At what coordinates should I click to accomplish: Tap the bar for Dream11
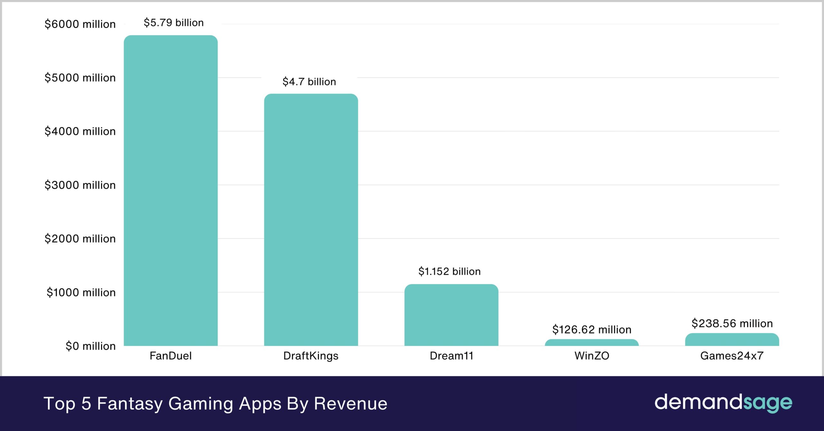click(x=451, y=315)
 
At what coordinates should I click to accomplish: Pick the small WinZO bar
click(x=592, y=343)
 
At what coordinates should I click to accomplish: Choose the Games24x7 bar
click(x=732, y=340)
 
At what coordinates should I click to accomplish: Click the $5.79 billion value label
click(x=173, y=23)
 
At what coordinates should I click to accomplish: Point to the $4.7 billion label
click(x=309, y=82)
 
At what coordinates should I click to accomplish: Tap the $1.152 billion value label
click(x=449, y=271)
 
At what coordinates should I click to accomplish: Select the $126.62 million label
click(x=592, y=330)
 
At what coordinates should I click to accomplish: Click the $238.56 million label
click(x=732, y=323)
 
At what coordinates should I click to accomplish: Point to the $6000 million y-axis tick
click(x=80, y=24)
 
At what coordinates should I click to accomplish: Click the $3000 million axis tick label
click(x=80, y=185)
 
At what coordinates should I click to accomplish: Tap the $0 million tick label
click(x=90, y=346)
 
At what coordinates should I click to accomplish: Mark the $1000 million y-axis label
click(x=81, y=293)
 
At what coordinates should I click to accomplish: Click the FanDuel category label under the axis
click(x=171, y=356)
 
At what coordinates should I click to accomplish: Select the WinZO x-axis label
click(x=592, y=356)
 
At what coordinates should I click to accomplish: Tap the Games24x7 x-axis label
click(x=732, y=356)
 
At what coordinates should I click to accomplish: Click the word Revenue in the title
click(x=350, y=404)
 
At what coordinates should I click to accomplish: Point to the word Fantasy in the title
click(x=129, y=404)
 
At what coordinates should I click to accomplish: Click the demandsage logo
click(x=723, y=403)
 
